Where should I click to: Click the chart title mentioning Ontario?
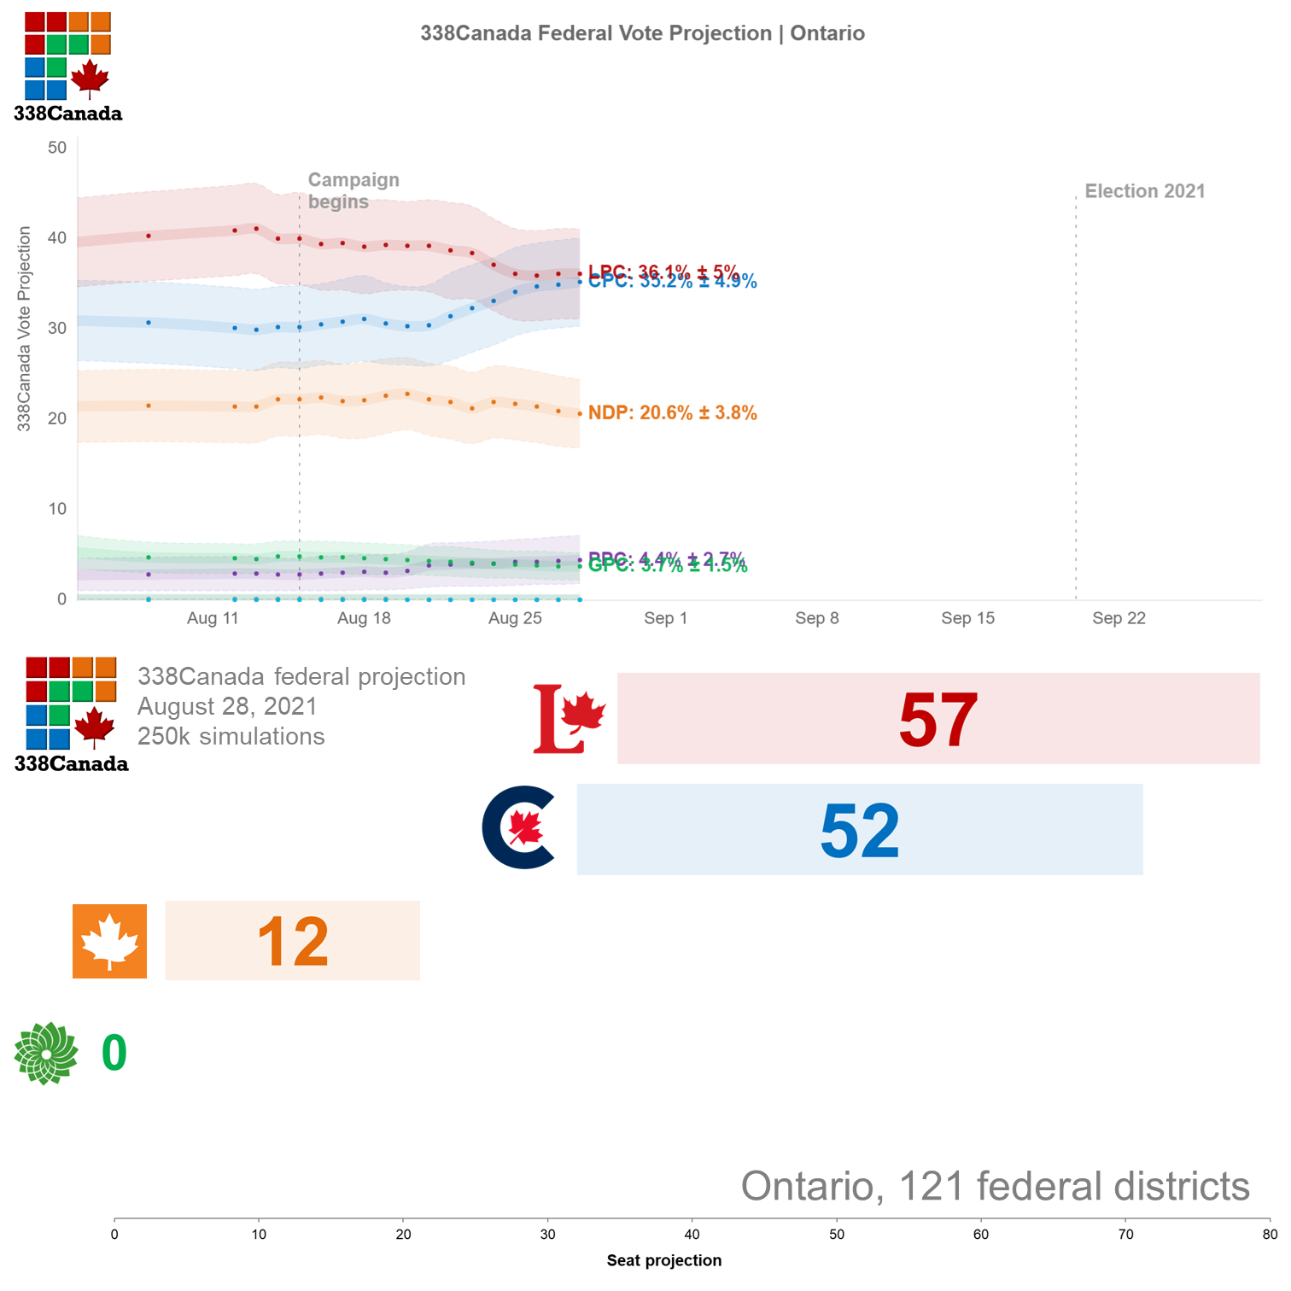pos(642,33)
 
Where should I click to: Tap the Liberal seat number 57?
pos(938,720)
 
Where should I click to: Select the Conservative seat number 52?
pos(859,830)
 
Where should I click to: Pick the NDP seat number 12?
pos(292,942)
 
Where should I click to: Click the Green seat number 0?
pos(114,1052)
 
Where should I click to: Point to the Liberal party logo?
pos(569,719)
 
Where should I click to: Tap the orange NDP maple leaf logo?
pos(109,941)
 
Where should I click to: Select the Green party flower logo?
pos(46,1053)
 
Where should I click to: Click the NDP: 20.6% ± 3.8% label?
pos(672,413)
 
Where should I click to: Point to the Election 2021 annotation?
pos(1144,191)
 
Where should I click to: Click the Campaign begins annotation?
pos(353,190)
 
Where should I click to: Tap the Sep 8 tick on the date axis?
pos(816,618)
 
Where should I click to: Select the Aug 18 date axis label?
pos(364,618)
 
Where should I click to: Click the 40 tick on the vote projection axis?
pos(57,237)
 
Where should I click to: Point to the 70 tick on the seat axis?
pos(1125,1234)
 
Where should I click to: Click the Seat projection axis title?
pos(663,1260)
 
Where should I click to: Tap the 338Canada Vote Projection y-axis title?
pos(24,329)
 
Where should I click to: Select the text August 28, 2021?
pos(227,706)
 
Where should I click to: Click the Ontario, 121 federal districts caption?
pos(995,1186)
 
